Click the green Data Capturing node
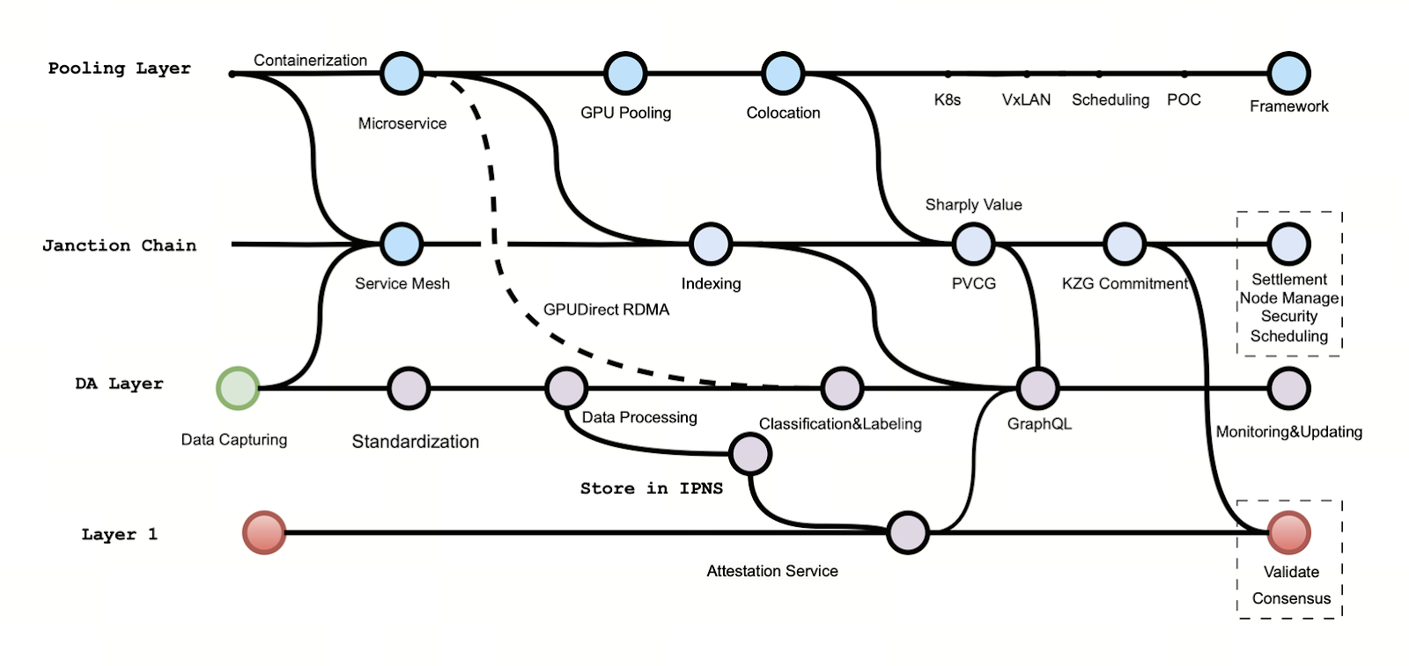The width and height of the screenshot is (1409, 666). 238,388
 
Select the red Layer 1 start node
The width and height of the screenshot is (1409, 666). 264,532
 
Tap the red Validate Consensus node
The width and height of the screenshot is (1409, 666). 1289,532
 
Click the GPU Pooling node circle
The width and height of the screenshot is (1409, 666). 625,74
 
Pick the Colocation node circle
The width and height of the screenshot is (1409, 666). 783,74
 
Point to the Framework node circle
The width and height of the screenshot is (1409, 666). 1289,74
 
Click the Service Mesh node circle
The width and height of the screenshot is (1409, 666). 402,244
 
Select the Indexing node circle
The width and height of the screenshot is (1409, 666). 711,244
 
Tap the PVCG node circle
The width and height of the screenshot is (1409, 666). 973,244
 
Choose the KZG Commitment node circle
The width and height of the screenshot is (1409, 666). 1125,244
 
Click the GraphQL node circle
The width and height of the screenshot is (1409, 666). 1037,388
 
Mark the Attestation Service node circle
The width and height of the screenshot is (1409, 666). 908,532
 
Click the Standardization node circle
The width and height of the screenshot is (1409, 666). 409,388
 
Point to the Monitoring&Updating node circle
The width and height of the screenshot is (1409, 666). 1289,388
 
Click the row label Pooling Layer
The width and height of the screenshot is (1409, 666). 119,69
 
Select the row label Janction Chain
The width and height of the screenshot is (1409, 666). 119,245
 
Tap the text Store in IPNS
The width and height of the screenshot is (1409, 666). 651,488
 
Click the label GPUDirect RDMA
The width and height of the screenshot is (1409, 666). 606,310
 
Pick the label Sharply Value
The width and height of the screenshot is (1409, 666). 973,205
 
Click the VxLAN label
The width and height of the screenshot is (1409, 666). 1026,100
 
